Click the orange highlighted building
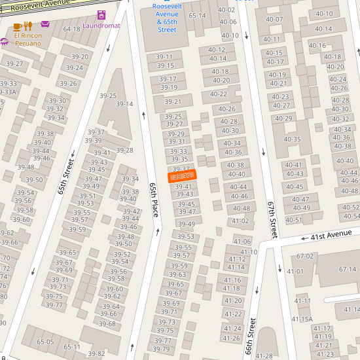point(182,177)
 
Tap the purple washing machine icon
point(101,15)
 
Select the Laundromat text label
point(101,26)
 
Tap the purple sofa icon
point(45,24)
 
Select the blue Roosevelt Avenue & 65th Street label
point(167,18)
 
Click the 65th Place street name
point(154,200)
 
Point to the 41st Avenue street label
point(331,235)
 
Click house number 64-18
point(71,29)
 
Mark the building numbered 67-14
point(347,270)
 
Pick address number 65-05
point(45,342)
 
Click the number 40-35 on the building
point(292,139)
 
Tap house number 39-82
point(96,354)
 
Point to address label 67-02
point(305,257)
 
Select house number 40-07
point(274,19)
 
